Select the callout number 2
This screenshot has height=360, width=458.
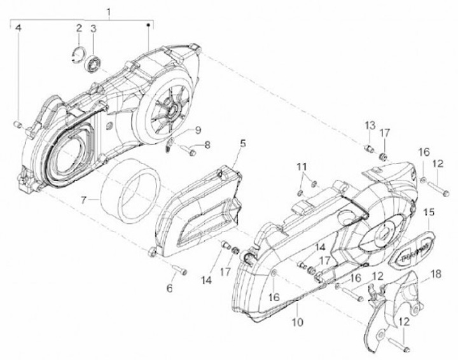coord(80,29)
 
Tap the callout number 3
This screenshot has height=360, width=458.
coord(93,29)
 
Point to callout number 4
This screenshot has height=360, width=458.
coord(18,29)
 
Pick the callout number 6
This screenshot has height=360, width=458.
coord(170,288)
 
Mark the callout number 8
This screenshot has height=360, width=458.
coord(207,145)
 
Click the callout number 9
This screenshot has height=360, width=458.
coord(198,130)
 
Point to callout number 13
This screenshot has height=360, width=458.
coord(369,125)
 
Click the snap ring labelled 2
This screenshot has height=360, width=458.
coord(76,53)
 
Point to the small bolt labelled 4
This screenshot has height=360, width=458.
coord(18,124)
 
